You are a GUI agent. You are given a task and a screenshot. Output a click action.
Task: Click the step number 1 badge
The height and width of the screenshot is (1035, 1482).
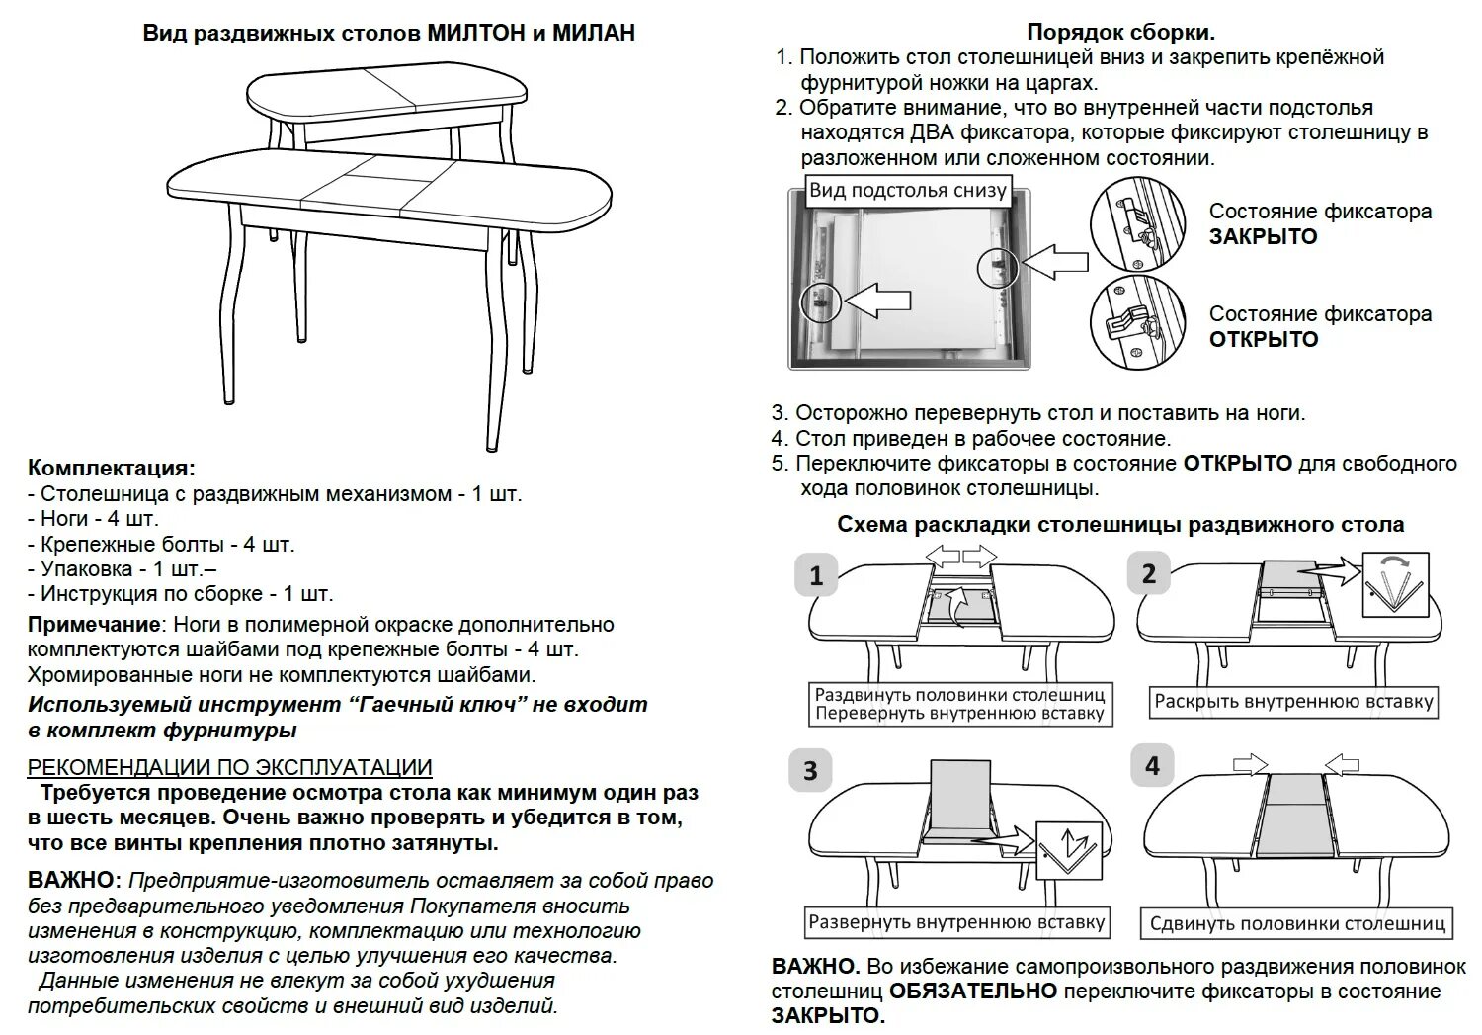816,575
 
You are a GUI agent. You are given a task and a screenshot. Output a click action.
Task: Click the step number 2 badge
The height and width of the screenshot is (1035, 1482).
1148,574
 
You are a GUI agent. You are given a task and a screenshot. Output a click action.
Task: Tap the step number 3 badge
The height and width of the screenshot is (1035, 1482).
811,771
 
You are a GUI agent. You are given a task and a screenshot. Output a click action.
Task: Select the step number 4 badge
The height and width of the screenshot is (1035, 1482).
1151,766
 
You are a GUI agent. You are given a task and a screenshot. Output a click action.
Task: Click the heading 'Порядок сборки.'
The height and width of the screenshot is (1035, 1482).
1120,33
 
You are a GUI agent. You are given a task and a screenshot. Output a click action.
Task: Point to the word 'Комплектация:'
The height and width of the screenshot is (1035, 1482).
112,468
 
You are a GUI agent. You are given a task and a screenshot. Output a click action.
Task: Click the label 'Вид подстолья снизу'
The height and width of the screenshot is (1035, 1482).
907,191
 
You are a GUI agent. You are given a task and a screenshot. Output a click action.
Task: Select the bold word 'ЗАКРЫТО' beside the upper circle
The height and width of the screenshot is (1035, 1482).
1264,237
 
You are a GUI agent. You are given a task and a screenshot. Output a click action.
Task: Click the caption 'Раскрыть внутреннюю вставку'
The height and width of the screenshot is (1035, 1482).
1293,702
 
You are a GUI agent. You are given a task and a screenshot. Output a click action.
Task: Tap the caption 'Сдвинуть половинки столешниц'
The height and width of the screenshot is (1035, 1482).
1297,924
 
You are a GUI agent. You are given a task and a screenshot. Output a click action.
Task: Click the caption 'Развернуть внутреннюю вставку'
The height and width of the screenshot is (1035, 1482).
956,922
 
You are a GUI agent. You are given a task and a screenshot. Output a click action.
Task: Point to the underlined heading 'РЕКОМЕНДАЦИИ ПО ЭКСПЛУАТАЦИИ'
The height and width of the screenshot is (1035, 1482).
229,767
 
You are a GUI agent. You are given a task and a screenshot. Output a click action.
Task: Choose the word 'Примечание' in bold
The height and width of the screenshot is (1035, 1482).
94,625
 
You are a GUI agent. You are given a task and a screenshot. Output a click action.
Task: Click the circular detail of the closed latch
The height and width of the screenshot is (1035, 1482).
1138,224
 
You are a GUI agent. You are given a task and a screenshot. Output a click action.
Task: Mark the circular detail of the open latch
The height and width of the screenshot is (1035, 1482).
1138,322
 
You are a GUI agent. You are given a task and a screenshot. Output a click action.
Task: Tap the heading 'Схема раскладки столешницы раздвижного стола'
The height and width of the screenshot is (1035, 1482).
1120,524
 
